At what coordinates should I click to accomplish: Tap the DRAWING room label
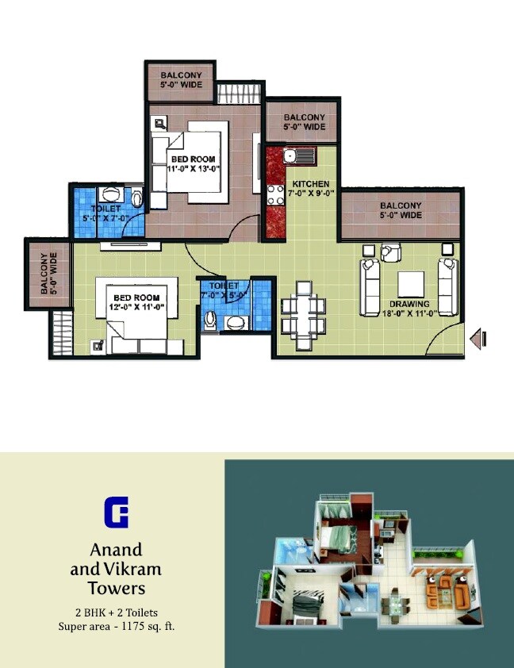point(409,304)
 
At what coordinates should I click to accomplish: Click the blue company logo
point(116,512)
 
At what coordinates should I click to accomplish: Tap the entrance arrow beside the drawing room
point(478,339)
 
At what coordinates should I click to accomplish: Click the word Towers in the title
point(117,589)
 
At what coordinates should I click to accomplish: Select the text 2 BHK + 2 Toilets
point(116,612)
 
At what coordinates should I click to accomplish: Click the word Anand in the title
point(116,550)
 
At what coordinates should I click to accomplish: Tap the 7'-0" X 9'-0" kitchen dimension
point(310,194)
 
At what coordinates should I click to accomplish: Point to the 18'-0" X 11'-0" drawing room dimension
point(409,313)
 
